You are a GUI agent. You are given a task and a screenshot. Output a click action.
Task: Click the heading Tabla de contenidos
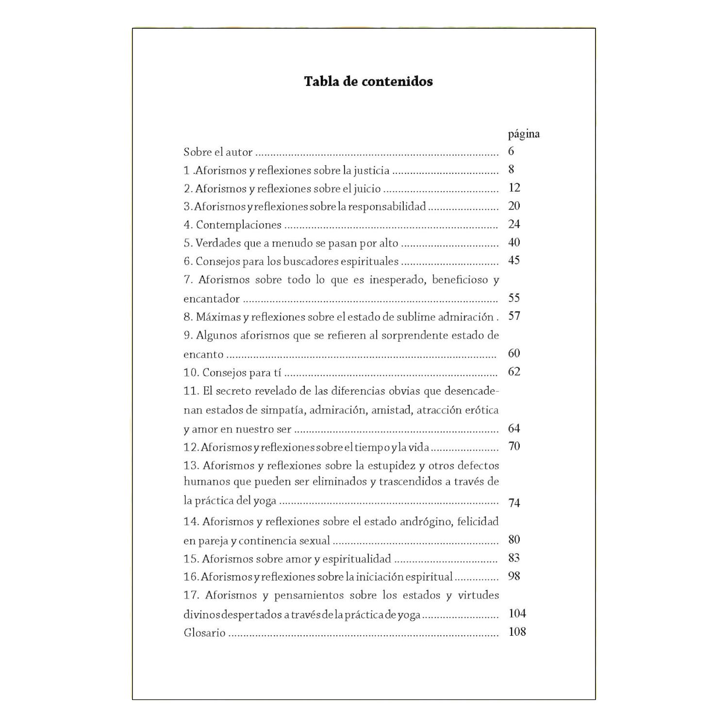(x=368, y=81)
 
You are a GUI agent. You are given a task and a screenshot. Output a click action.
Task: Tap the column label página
(x=524, y=134)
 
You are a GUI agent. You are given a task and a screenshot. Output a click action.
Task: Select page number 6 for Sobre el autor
(x=511, y=151)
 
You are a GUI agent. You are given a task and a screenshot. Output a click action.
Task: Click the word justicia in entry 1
(x=371, y=170)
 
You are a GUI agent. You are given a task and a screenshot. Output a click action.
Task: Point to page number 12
(x=514, y=188)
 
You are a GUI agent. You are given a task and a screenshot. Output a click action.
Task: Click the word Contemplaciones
(x=239, y=225)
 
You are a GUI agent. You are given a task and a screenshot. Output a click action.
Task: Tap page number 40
(x=514, y=242)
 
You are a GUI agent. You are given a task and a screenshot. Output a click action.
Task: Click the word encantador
(x=212, y=298)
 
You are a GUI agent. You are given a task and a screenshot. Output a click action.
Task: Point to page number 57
(x=514, y=316)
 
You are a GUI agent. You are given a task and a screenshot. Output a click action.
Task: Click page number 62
(x=514, y=372)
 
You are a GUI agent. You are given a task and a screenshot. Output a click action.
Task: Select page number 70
(x=514, y=446)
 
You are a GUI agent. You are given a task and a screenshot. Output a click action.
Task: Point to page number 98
(x=514, y=576)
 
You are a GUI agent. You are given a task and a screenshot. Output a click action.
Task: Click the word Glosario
(x=204, y=632)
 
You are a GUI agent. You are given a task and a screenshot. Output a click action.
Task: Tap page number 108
(x=517, y=632)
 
